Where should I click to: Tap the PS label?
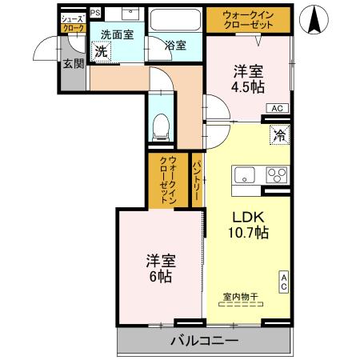[x=95, y=13]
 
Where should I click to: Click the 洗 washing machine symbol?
[x=101, y=52]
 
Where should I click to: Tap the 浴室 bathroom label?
[x=175, y=46]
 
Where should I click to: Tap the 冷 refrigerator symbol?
[x=280, y=135]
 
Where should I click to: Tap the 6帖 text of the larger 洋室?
[x=160, y=277]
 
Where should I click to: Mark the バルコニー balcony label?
[x=203, y=341]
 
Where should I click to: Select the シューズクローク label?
[x=74, y=22]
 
